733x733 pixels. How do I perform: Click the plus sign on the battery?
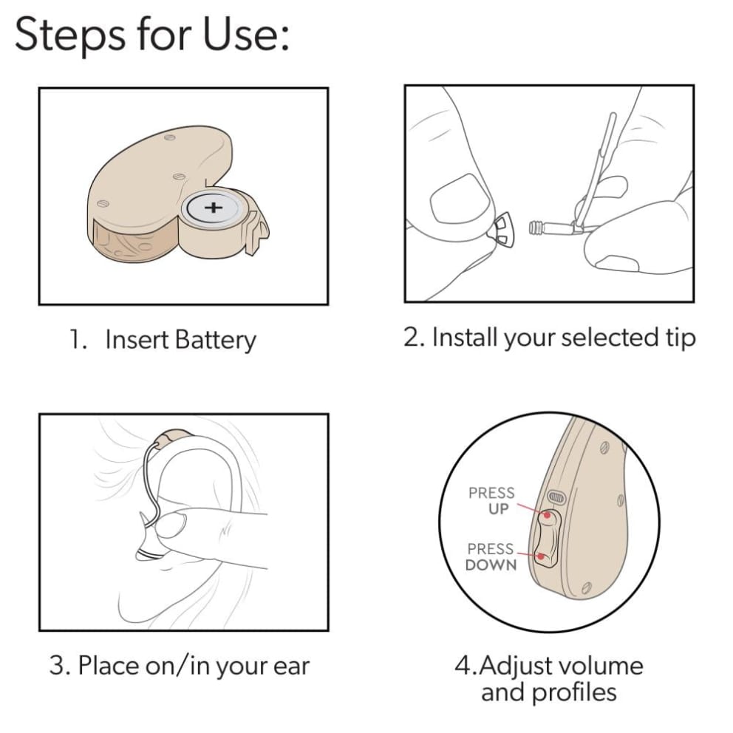(213, 207)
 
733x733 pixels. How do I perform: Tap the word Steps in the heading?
(70, 35)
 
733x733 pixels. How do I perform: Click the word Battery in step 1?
(215, 340)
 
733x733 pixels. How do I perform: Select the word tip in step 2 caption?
(681, 338)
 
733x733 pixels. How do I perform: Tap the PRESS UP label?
(491, 500)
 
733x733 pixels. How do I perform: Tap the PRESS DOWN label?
(491, 556)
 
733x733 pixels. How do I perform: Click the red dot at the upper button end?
(547, 515)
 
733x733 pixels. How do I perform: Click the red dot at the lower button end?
(542, 556)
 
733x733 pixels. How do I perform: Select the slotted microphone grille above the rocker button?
(556, 497)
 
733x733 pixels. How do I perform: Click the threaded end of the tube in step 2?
(536, 228)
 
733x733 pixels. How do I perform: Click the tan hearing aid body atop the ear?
(174, 437)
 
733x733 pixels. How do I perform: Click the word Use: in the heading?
(245, 34)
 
